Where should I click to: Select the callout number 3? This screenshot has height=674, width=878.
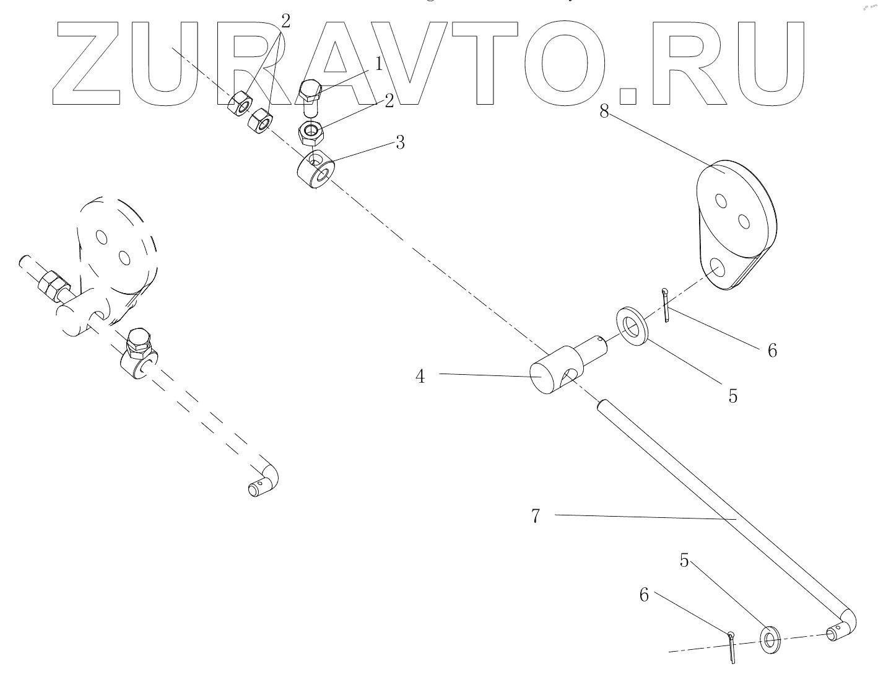pyautogui.click(x=400, y=142)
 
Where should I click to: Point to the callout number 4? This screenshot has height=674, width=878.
pyautogui.click(x=420, y=376)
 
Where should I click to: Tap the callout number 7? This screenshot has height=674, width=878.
pyautogui.click(x=536, y=515)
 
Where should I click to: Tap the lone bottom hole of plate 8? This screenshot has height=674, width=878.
pyautogui.click(x=718, y=268)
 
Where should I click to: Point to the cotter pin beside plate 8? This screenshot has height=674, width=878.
pyautogui.click(x=666, y=305)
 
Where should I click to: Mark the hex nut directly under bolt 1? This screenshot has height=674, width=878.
pyautogui.click(x=310, y=132)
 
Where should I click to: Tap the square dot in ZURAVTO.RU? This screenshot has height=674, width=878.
pyautogui.click(x=628, y=95)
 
